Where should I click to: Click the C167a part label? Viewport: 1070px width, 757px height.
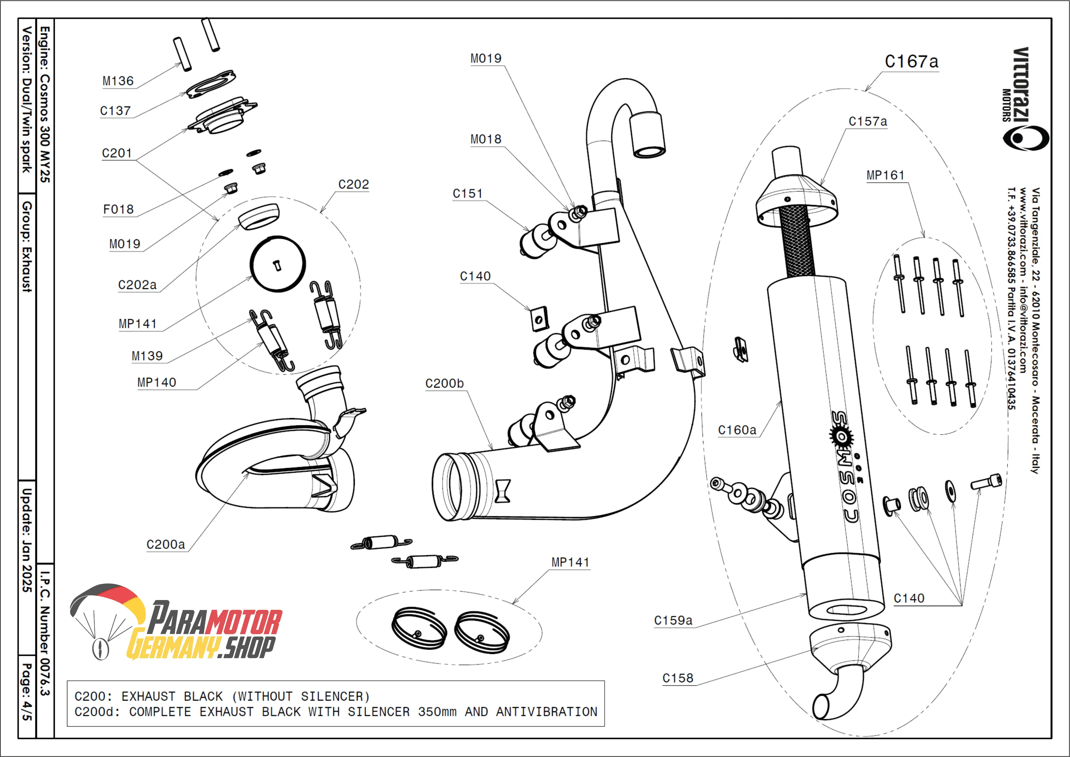911,62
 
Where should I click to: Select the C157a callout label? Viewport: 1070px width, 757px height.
867,122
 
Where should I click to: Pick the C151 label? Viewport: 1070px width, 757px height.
467,194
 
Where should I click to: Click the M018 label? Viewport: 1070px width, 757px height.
485,139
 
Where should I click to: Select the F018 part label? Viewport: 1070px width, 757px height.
118,210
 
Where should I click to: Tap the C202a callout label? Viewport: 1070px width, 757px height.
137,285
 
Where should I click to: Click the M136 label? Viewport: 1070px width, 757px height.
118,81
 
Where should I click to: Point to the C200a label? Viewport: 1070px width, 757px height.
165,545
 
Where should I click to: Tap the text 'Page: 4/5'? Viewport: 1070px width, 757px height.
27,692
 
